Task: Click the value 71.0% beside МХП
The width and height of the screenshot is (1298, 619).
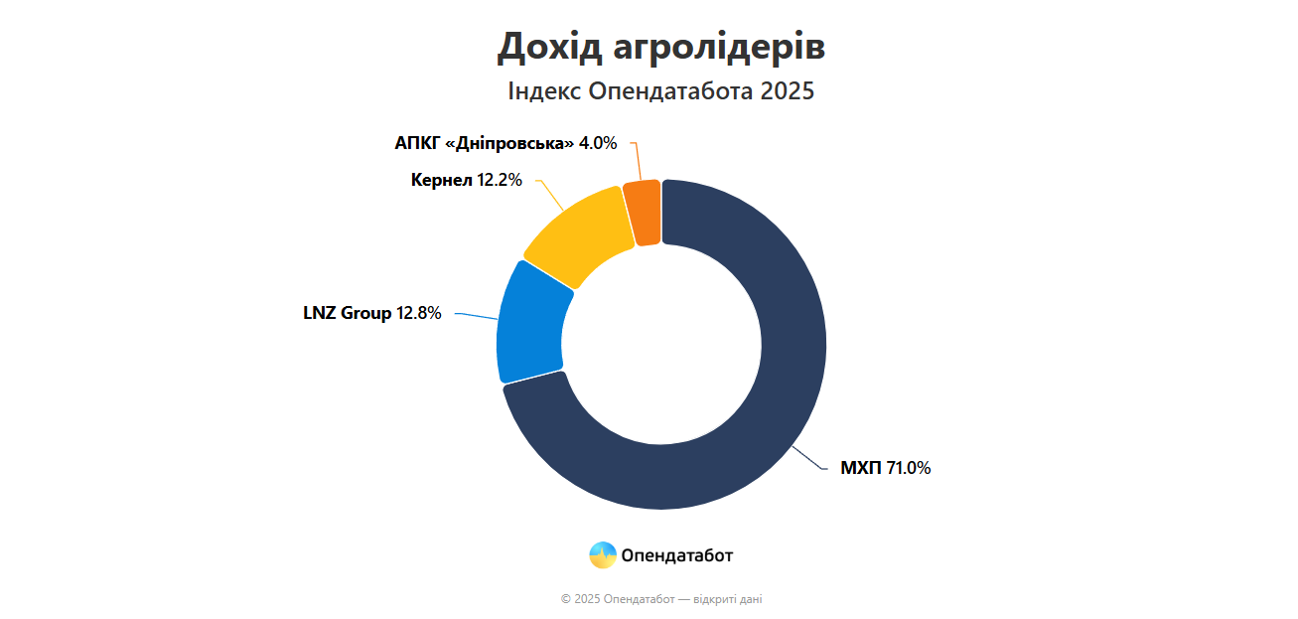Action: tap(909, 468)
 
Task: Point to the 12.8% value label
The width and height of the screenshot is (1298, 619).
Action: tap(419, 313)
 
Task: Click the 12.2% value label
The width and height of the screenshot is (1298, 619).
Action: tap(500, 180)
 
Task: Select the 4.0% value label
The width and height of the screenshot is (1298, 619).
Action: tap(598, 143)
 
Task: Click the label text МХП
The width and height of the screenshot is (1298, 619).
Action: tap(861, 468)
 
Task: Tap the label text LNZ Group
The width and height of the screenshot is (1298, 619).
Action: tap(348, 313)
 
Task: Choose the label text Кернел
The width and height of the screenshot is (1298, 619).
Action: tap(441, 180)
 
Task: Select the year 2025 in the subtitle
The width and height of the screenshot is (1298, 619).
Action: tap(788, 91)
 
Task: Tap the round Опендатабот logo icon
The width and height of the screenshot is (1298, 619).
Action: tap(603, 555)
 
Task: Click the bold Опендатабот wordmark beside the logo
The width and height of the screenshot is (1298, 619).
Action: tap(677, 555)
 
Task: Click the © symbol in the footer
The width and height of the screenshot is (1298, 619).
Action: tap(565, 599)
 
